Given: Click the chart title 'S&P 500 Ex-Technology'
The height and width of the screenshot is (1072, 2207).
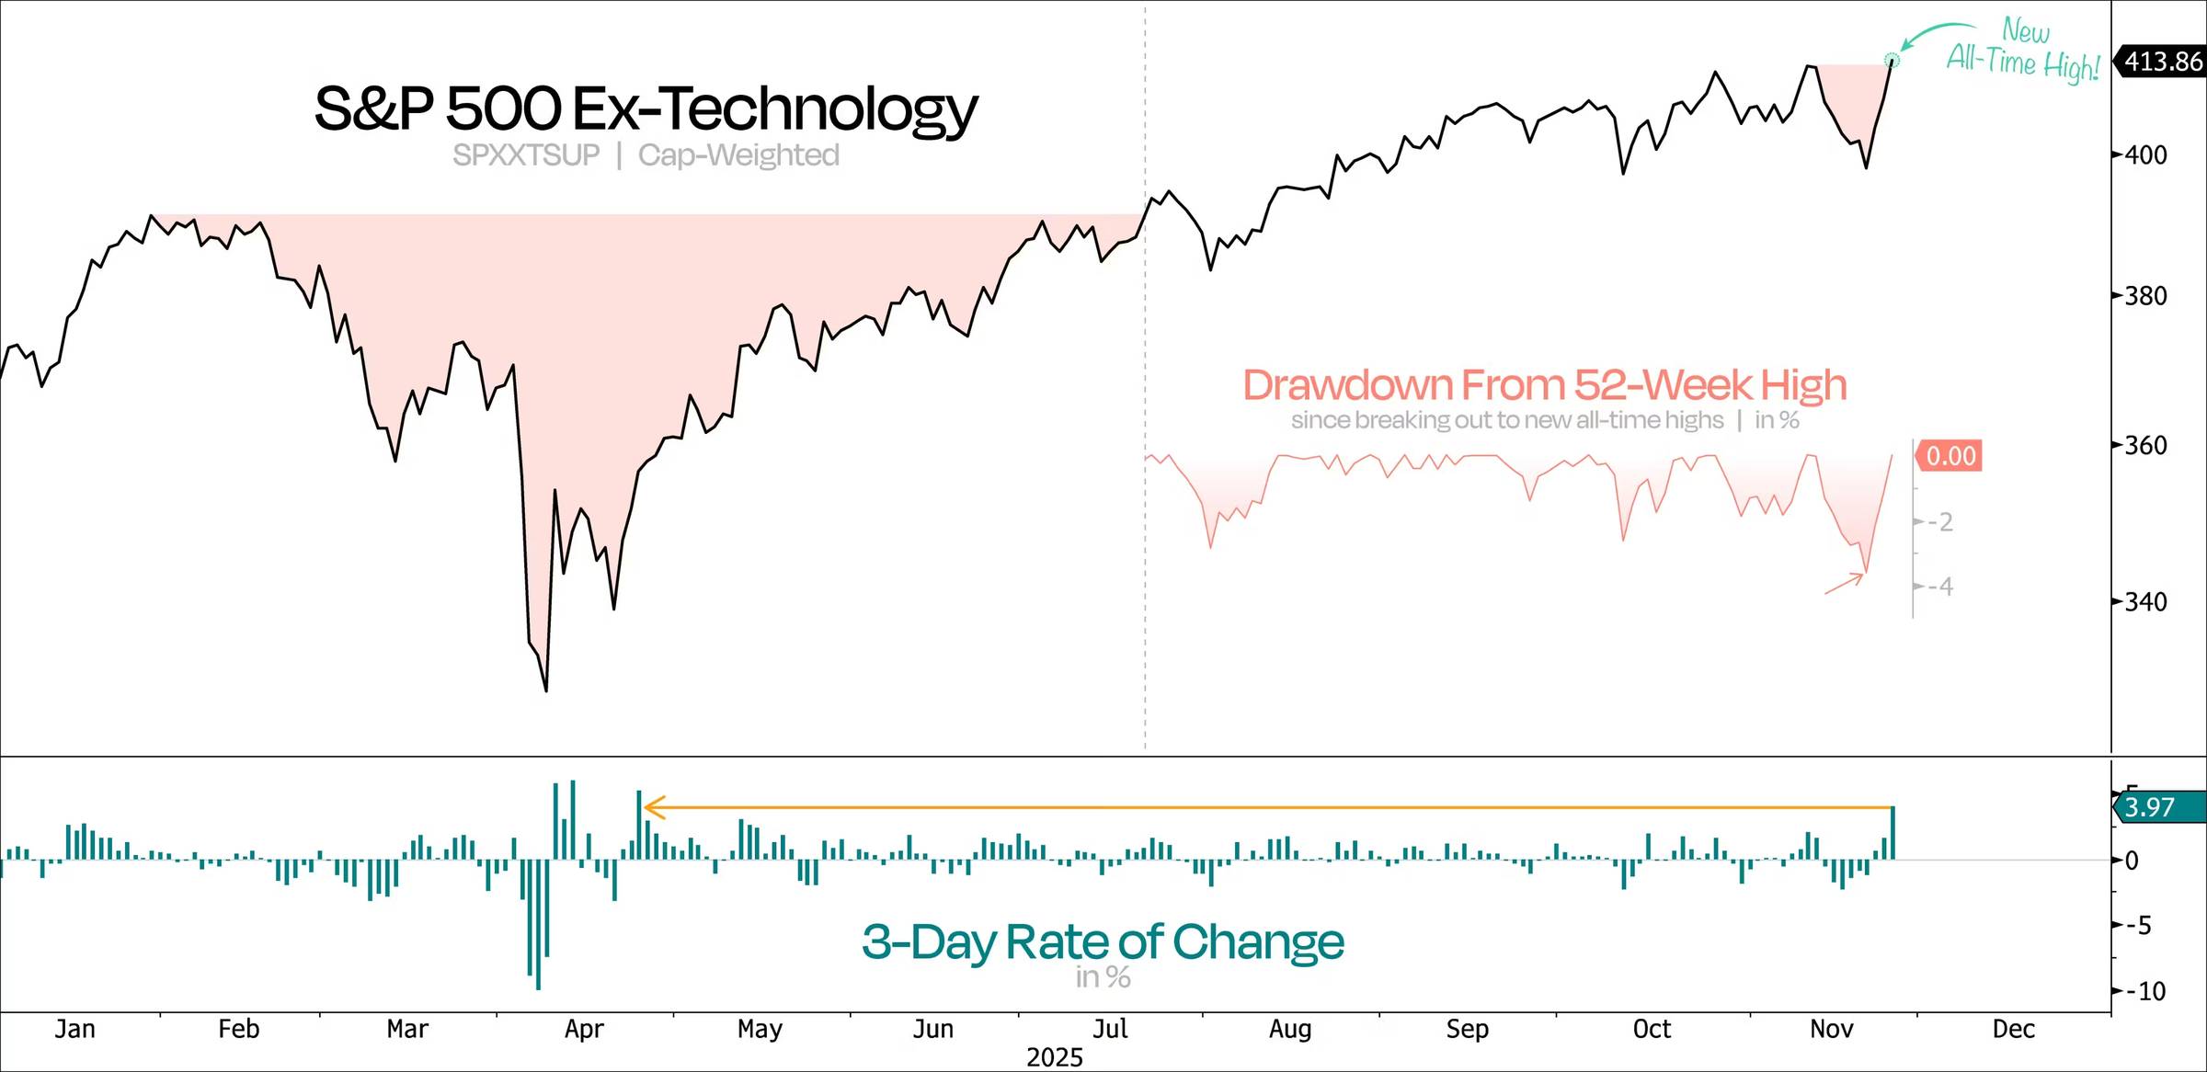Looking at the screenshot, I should [646, 109].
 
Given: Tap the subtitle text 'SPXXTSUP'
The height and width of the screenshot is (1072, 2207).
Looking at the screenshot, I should [526, 155].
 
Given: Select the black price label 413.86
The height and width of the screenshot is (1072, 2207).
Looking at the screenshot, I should [2163, 62].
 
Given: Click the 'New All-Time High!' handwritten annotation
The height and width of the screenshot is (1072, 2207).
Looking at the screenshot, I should [2023, 51].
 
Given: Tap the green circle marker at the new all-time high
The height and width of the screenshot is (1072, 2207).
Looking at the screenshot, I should [1892, 61].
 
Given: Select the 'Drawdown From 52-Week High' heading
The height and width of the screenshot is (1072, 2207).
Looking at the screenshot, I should [1544, 385].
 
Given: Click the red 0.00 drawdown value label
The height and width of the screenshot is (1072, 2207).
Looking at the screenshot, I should [1950, 456].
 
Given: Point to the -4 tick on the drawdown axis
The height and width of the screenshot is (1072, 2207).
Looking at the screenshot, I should [1940, 587].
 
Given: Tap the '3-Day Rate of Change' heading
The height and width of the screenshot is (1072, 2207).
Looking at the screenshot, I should [1103, 941].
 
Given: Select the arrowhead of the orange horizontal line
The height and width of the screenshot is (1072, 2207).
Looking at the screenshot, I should [651, 807].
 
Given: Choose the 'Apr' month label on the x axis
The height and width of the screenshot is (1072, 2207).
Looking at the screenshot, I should [584, 1029].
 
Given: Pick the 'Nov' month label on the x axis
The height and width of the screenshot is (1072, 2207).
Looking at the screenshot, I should [1831, 1029].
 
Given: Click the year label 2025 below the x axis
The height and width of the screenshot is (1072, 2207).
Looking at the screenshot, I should [1055, 1057].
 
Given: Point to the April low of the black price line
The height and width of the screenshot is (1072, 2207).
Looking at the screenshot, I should [546, 690].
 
